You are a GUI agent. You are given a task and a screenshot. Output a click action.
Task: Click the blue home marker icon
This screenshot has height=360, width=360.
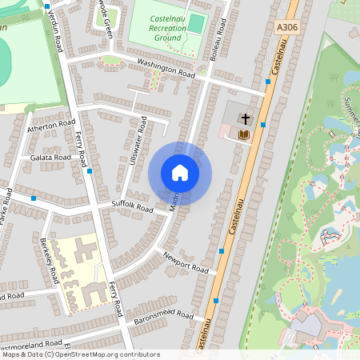click(180, 173)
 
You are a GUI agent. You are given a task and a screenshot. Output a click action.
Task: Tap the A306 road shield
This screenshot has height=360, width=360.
click(287, 26)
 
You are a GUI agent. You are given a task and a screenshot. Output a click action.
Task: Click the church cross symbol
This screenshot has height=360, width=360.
click(244, 118)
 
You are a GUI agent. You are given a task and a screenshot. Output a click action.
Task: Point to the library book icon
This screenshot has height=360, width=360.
click(244, 134)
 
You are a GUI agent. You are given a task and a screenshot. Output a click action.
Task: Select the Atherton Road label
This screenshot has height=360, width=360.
click(50, 125)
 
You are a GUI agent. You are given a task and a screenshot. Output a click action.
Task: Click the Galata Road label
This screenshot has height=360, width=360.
click(50, 158)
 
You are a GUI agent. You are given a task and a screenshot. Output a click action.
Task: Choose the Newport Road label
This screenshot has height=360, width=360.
click(186, 263)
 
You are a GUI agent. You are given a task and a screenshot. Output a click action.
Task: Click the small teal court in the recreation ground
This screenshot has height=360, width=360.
click(196, 23)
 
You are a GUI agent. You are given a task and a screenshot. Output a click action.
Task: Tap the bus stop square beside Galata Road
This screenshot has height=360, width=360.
click(90, 171)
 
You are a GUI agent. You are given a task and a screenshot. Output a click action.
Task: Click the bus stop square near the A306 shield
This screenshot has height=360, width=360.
click(266, 81)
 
